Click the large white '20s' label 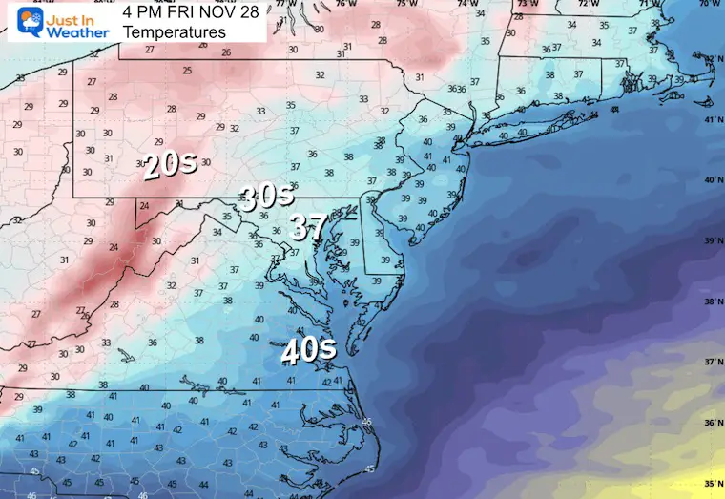coord(169,164)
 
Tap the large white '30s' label coord(266,198)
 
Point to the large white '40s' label coord(308,351)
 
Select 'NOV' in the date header coord(223,11)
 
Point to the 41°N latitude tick coord(712,120)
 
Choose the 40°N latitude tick coord(712,180)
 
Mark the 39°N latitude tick coord(712,241)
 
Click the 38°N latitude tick coord(712,301)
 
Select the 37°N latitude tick coord(712,362)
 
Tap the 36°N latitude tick coord(712,423)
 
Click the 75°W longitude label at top coord(407,4)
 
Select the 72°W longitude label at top coord(584,4)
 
